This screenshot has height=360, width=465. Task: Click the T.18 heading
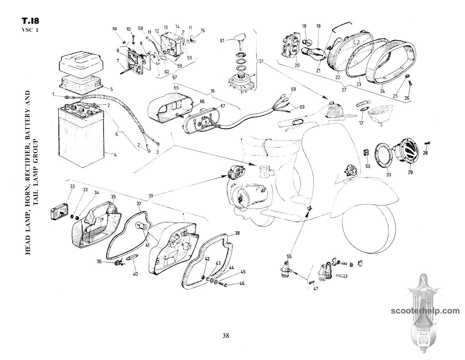(x=30, y=21)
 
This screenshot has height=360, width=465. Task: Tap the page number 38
(x=226, y=336)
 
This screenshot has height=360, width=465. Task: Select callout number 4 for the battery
(x=115, y=155)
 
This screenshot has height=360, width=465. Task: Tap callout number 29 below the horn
(x=410, y=172)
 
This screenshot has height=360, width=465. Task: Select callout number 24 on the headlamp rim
(x=383, y=91)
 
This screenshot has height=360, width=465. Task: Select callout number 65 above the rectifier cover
(x=176, y=87)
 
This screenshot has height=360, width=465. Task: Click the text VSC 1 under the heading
(x=30, y=31)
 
